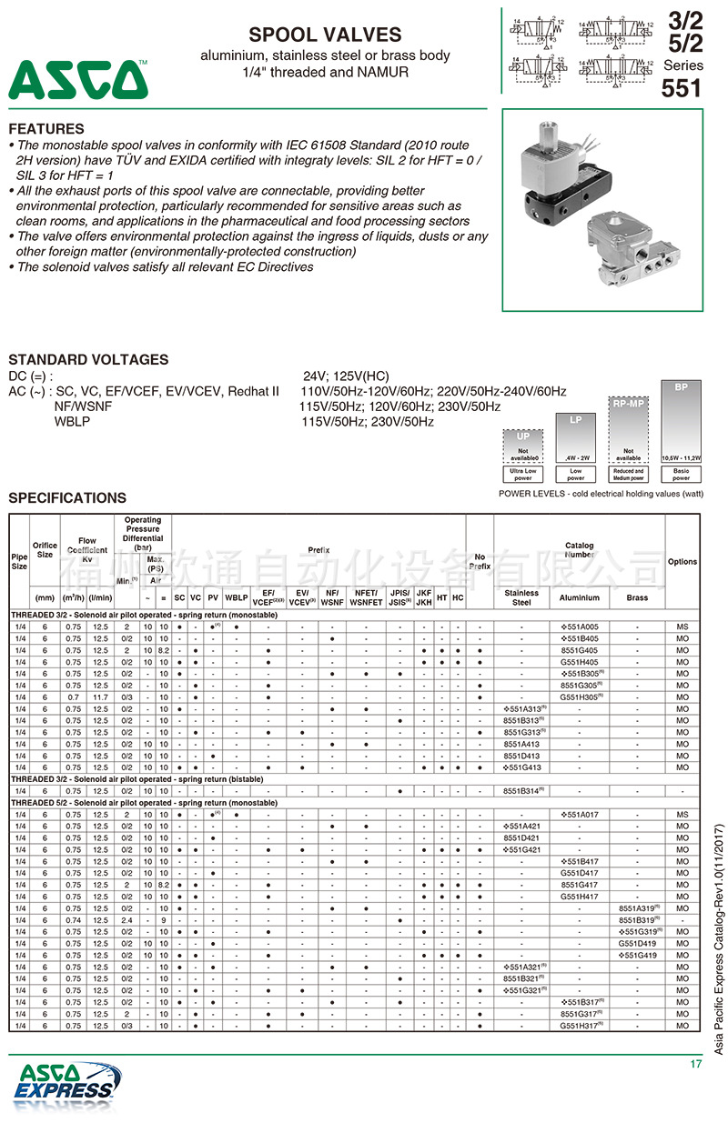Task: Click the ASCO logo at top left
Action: pyautogui.click(x=78, y=80)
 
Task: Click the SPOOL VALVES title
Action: pyautogui.click(x=325, y=35)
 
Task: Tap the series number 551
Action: pyautogui.click(x=682, y=88)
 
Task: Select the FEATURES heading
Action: pyautogui.click(x=46, y=129)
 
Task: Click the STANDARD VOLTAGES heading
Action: pyautogui.click(x=88, y=359)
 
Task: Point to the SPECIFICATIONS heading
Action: pyautogui.click(x=67, y=497)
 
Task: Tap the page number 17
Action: pyautogui.click(x=696, y=1064)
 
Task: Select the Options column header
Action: pyautogui.click(x=682, y=562)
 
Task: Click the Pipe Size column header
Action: pyautogui.click(x=19, y=562)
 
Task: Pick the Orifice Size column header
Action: pyautogui.click(x=45, y=550)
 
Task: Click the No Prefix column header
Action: pyautogui.click(x=480, y=562)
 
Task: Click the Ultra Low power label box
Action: pyautogui.click(x=523, y=474)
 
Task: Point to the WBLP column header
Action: pyautogui.click(x=237, y=597)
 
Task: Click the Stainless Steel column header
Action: pyautogui.click(x=521, y=597)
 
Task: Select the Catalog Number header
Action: pyautogui.click(x=580, y=550)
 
